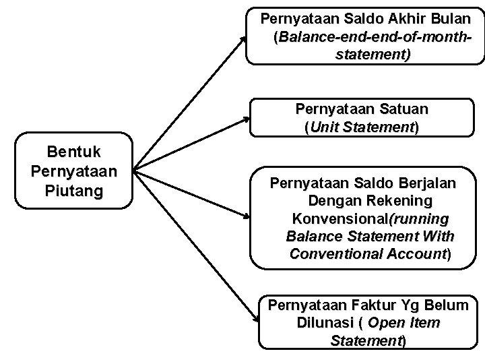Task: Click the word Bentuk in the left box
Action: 74,152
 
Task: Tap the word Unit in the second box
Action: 327,126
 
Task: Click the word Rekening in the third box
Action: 401,201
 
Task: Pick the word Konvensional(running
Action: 369,219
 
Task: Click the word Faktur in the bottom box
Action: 363,305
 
